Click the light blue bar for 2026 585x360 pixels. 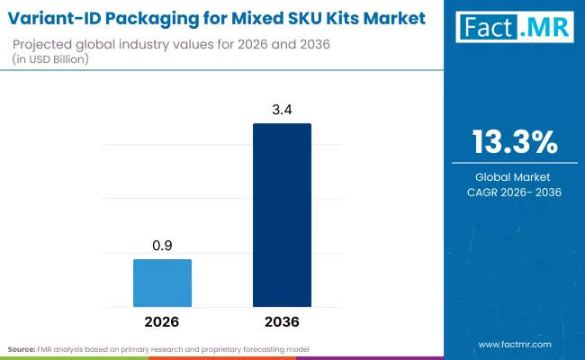coord(162,283)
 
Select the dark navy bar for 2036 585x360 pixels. coord(282,216)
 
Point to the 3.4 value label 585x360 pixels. coord(282,110)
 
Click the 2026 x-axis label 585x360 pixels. coord(162,321)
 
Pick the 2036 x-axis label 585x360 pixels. coord(282,321)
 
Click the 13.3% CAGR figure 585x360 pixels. coord(514,142)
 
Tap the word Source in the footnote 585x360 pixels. coord(22,347)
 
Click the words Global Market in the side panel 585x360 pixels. coord(514,176)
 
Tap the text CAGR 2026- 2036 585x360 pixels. coord(514,192)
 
